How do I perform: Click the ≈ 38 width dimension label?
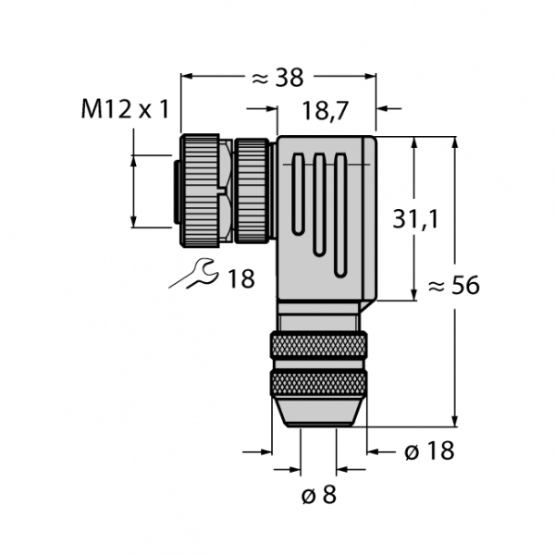(277, 78)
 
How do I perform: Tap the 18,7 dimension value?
(326, 111)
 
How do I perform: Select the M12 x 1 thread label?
(125, 109)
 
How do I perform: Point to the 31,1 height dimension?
(415, 218)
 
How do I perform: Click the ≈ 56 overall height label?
(454, 285)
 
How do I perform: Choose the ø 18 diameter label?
(429, 451)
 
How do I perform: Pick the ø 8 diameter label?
(318, 494)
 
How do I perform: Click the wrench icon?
(194, 274)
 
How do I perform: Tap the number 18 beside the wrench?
(241, 278)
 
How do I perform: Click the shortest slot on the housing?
(298, 194)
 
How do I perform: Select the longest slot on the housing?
(340, 216)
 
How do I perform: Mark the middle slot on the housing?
(319, 205)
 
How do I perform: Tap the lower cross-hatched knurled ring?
(318, 383)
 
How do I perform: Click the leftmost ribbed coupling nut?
(200, 191)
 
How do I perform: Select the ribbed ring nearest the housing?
(252, 191)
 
